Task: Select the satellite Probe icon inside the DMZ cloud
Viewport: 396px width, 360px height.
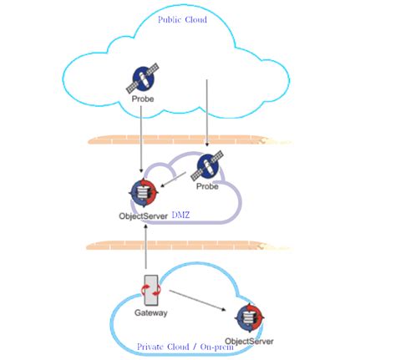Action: [206, 168]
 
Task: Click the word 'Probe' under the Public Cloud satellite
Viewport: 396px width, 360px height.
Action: [142, 106]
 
